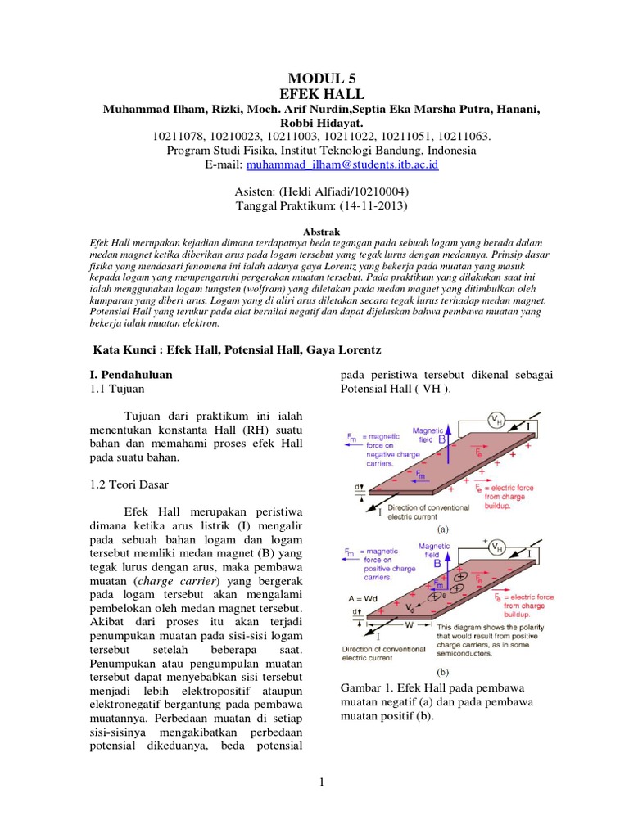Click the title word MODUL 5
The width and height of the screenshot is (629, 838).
[x=314, y=79]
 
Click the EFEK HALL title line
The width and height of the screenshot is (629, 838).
[x=314, y=95]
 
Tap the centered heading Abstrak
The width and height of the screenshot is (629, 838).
[x=314, y=232]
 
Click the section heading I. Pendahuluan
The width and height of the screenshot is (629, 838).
[x=134, y=374]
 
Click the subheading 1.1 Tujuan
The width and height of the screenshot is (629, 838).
[x=115, y=390]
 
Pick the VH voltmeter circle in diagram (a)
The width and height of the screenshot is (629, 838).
[x=496, y=420]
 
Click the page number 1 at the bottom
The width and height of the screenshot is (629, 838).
[x=323, y=782]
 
